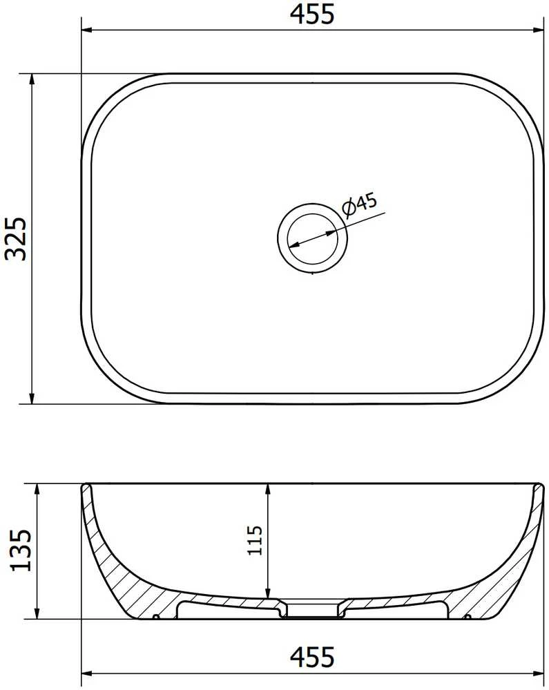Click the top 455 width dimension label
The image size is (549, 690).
[x=312, y=14]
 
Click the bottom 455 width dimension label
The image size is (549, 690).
[x=312, y=657]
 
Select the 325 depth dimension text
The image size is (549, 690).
[x=16, y=238]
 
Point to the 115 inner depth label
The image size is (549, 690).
[x=255, y=540]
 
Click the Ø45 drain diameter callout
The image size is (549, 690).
[x=359, y=204]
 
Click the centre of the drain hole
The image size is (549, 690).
[x=312, y=238]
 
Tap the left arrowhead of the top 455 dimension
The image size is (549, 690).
[x=86, y=30]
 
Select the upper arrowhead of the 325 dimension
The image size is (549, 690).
[x=32, y=79]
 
